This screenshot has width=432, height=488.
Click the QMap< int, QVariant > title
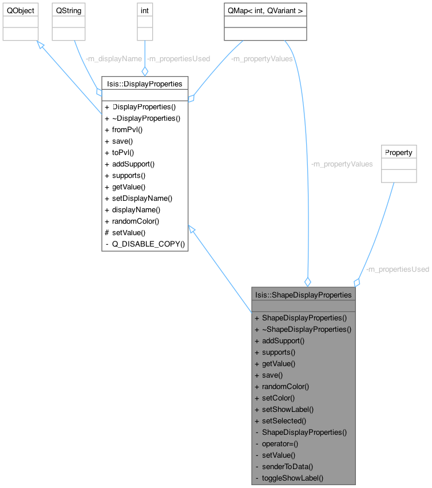(265, 11)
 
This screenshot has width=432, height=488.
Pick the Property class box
(399, 153)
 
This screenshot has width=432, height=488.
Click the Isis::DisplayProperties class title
(145, 84)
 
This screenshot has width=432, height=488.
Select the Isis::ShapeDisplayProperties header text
(303, 295)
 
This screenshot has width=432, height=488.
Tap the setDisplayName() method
(142, 198)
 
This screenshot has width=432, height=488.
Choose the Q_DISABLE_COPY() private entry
(148, 244)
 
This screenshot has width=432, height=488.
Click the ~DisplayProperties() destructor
(146, 118)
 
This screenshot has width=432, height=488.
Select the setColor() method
(279, 398)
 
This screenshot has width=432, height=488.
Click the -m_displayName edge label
(113, 58)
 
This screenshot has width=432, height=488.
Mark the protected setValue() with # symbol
(128, 232)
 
